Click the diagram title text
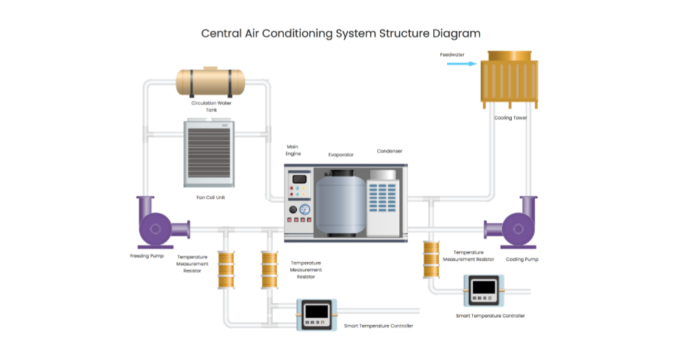(340, 34)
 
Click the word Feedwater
(452, 55)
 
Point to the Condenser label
(389, 151)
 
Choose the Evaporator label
(341, 155)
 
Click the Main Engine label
(293, 150)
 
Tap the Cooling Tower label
(511, 118)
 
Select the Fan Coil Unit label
(210, 197)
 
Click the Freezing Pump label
(147, 256)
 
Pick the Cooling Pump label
(522, 259)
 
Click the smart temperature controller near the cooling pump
(481, 290)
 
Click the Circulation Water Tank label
(211, 106)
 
